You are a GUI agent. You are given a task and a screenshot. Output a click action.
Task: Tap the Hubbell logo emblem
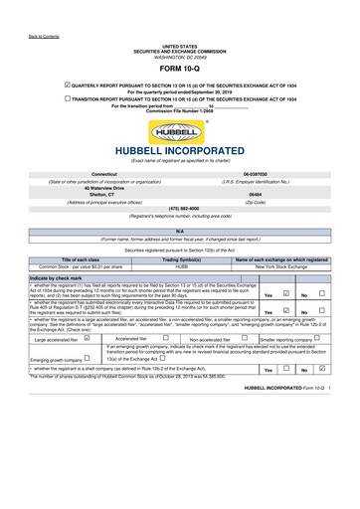click(x=179, y=124)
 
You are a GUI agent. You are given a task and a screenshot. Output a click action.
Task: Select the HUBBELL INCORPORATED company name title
click(x=179, y=150)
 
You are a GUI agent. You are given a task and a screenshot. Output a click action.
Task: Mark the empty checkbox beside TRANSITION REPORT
click(x=68, y=99)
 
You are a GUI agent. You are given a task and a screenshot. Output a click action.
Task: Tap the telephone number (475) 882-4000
click(x=179, y=209)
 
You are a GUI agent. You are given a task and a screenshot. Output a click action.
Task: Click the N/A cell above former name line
click(x=179, y=231)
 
